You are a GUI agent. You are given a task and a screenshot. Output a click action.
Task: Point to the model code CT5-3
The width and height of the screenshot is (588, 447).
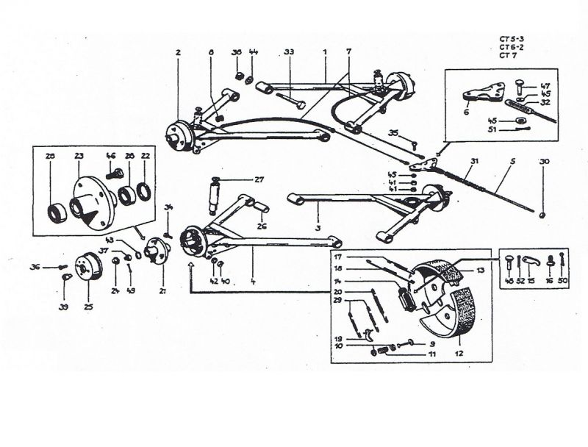coord(509,39)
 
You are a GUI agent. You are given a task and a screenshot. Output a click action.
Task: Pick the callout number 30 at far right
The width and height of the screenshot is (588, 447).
coord(544,161)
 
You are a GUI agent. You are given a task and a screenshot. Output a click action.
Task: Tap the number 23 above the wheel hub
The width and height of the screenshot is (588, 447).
coord(79,156)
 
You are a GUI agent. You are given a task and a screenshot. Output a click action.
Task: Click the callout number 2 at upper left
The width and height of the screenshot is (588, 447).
coord(178,52)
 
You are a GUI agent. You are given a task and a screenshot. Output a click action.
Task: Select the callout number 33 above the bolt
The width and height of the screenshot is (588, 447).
coord(289,52)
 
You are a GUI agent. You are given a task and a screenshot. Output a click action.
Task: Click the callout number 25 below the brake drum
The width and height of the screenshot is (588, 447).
coord(88,306)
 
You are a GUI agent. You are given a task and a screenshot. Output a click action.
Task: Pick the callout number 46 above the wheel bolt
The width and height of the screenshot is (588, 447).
coord(111,156)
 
